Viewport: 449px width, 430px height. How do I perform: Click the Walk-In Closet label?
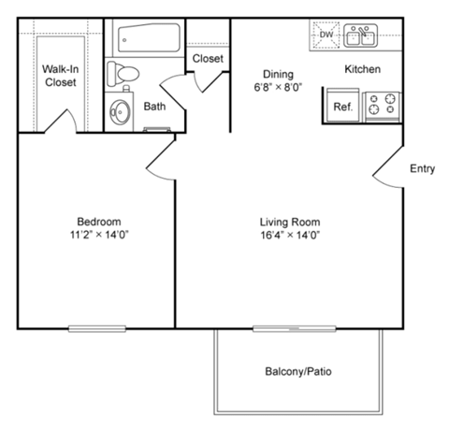(x=61, y=75)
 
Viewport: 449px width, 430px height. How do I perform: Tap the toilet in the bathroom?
(x=123, y=72)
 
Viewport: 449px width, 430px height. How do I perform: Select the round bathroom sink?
(x=121, y=112)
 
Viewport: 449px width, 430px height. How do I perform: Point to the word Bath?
(x=154, y=107)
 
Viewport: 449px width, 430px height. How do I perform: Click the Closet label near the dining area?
(x=208, y=59)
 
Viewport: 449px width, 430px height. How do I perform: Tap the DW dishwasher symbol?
(x=326, y=36)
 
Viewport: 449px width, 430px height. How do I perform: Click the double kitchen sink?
(x=360, y=36)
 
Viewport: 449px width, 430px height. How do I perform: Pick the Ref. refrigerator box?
(x=342, y=107)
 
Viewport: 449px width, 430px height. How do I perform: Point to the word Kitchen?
(x=362, y=70)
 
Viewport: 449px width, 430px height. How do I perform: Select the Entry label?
(x=422, y=168)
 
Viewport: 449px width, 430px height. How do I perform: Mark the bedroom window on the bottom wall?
(x=96, y=327)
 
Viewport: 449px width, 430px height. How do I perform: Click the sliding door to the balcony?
(x=291, y=327)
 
